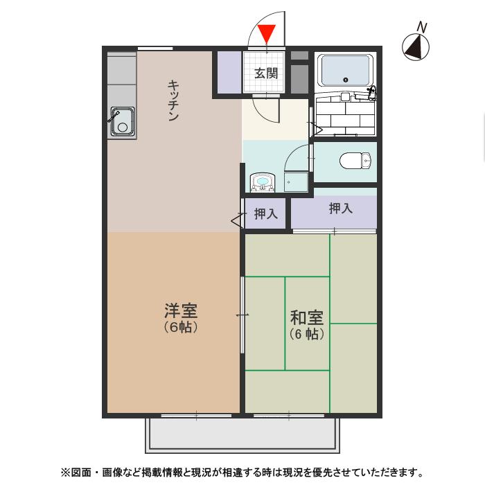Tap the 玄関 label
coord(265,73)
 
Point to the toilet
coord(355,161)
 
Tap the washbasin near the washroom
coord(263,182)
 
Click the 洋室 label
coord(181,310)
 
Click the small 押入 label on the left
coord(265,214)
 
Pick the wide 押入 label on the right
coord(340,207)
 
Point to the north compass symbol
coord(416,48)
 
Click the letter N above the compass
coord(422,27)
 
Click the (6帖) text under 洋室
coord(181,328)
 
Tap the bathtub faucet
coord(371,90)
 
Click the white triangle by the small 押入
coord(237,221)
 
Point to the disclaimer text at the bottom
coord(242,473)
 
